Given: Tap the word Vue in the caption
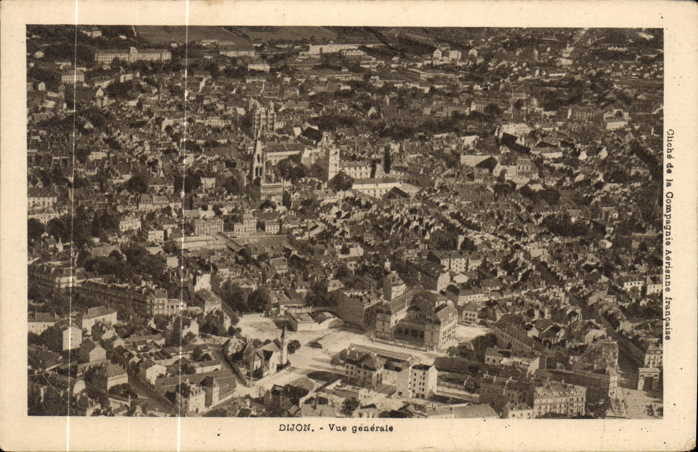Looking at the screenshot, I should [x=335, y=427].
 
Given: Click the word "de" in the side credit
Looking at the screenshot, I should [x=671, y=166].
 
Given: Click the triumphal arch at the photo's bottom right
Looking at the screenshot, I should [x=648, y=378].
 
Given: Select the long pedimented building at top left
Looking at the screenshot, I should [x=133, y=55].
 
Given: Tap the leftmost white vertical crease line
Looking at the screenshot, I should [x=76, y=211].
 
